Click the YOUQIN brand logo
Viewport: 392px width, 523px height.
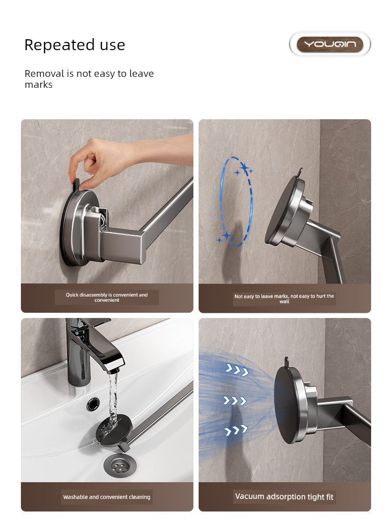point(330,44)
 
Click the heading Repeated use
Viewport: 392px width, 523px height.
point(75,44)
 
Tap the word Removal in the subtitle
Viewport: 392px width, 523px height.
point(44,73)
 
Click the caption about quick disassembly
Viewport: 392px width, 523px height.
point(107,297)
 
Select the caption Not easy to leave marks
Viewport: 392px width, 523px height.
point(284,299)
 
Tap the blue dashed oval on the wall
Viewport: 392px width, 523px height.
point(236,201)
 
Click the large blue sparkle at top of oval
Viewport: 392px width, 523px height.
point(245,167)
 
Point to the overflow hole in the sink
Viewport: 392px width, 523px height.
point(94,404)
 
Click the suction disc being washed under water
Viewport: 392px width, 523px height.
point(114,429)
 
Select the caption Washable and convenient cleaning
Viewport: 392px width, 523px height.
point(107,497)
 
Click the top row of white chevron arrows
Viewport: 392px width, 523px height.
point(237,370)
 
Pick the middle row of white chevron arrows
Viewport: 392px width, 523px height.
point(235,401)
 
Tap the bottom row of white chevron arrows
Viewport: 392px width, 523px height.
point(236,430)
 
